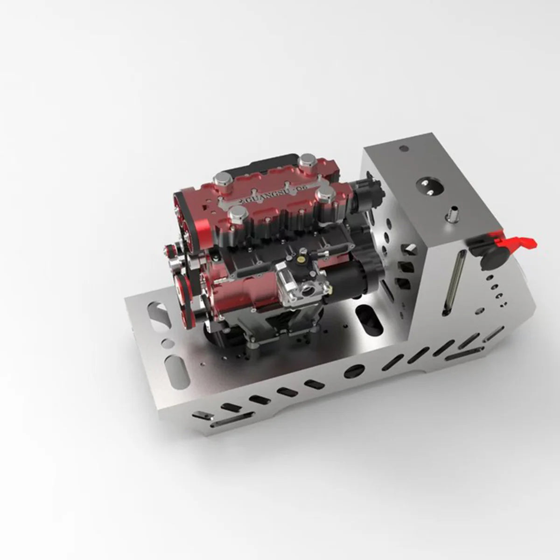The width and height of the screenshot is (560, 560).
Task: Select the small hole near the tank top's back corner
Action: click(x=404, y=149)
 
